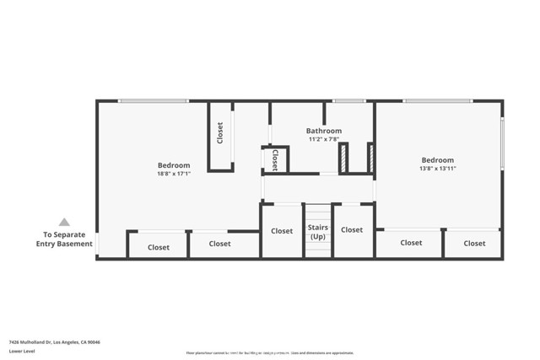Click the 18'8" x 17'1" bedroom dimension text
(174, 174)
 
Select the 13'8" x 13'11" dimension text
(438, 169)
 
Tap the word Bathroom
(323, 132)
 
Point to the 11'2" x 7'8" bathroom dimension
(323, 140)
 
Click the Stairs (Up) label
(317, 232)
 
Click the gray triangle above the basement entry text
(64, 223)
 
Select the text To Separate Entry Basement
(64, 239)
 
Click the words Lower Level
(20, 352)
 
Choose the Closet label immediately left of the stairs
(282, 231)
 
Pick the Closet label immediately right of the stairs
(352, 230)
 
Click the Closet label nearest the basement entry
(158, 248)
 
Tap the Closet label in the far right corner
(474, 244)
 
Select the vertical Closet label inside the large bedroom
(220, 132)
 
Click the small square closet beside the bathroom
(275, 159)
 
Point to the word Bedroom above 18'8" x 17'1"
(174, 165)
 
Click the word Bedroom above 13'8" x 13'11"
(438, 160)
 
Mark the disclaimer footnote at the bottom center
(270, 352)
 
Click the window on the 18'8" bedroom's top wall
(152, 101)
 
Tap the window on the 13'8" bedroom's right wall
(502, 143)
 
